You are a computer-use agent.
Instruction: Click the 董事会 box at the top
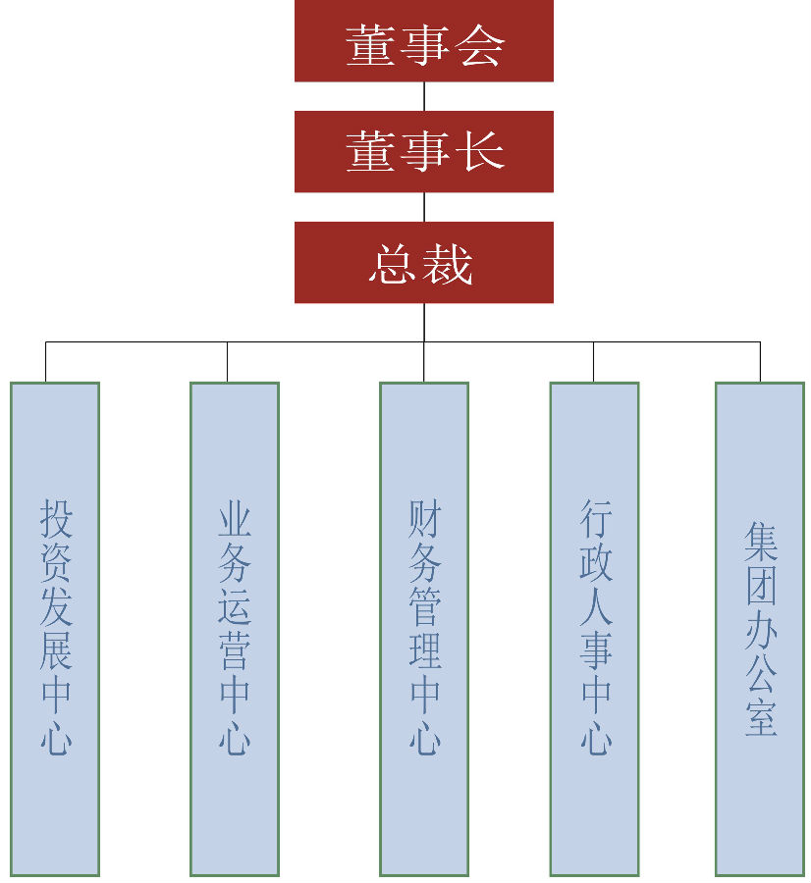click(423, 41)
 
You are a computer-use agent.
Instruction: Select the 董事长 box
click(423, 151)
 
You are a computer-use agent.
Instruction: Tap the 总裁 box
click(423, 262)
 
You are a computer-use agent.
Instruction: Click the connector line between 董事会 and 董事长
click(424, 96)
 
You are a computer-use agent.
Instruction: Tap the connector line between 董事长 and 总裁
click(424, 207)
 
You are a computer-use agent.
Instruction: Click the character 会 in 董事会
click(480, 44)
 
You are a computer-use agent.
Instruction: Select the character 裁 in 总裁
click(449, 265)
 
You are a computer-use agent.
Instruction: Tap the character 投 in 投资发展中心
click(56, 517)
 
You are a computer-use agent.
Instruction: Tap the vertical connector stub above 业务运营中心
click(227, 361)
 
